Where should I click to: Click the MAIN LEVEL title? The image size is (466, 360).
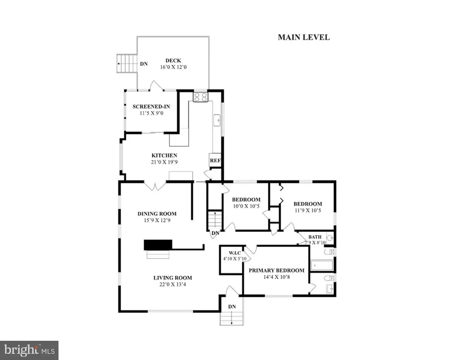[x=304, y=37]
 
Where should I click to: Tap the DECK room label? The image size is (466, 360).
[x=173, y=61]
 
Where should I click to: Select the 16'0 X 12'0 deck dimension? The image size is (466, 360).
[x=173, y=67]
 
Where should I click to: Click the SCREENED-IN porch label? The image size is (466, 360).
[x=151, y=107]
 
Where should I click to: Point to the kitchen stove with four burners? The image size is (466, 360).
[x=200, y=97]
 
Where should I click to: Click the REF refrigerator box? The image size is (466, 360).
[x=215, y=160]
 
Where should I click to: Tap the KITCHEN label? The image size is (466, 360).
[x=165, y=155]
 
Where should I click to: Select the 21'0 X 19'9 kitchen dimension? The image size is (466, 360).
[x=165, y=162]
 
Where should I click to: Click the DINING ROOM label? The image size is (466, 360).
[x=157, y=213]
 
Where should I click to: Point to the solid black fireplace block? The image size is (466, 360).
[x=158, y=245]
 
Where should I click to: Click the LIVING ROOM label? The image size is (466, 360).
[x=173, y=278]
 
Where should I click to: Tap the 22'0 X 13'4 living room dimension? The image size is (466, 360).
[x=173, y=284]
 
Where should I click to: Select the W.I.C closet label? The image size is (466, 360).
[x=235, y=253]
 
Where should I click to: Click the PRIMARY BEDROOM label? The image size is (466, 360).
[x=276, y=270]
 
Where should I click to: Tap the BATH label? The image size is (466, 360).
[x=315, y=237]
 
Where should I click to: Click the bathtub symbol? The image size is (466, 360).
[x=322, y=265]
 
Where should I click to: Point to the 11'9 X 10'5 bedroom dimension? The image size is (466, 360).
[x=308, y=211]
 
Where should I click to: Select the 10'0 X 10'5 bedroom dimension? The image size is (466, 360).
[x=247, y=206]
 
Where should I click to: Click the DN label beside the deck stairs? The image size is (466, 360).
[x=144, y=64]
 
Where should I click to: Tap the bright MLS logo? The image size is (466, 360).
[x=29, y=350]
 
